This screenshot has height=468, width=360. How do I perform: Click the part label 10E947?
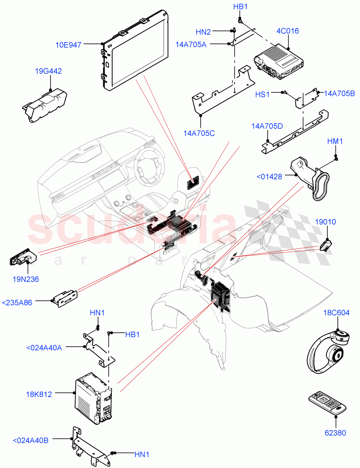[69, 45]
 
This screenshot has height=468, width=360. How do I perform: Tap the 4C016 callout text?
[288, 31]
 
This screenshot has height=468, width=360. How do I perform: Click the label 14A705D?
[267, 126]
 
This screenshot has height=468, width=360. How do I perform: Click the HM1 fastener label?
[335, 142]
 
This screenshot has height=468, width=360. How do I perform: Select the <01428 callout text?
[269, 177]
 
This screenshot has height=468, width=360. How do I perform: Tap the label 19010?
[326, 222]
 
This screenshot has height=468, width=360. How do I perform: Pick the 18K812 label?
[37, 394]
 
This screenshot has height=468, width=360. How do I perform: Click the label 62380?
[335, 433]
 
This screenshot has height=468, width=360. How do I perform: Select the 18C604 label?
[336, 313]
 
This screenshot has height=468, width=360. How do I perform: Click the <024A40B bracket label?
[31, 440]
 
